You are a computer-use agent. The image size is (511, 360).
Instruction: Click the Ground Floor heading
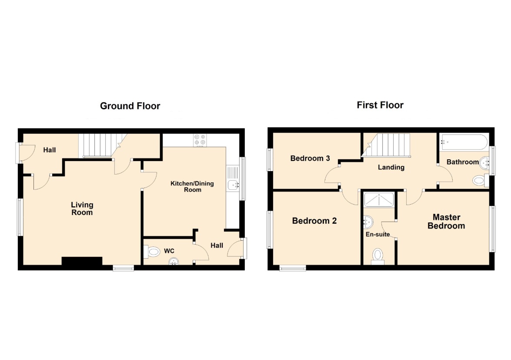(x=130, y=106)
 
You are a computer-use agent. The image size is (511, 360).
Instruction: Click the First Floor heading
(x=380, y=105)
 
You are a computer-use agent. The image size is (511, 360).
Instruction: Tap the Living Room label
(x=82, y=209)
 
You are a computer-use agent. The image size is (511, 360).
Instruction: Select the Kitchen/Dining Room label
(x=192, y=186)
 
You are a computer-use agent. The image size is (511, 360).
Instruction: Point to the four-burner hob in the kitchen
(x=200, y=140)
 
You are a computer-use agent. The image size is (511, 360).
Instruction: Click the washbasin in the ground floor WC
(x=174, y=261)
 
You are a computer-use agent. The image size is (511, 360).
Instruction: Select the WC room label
(x=169, y=251)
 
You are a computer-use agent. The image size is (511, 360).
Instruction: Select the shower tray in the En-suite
(x=379, y=199)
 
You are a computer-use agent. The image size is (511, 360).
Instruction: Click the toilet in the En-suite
(x=378, y=256)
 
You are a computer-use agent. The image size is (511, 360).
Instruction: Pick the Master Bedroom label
(x=446, y=222)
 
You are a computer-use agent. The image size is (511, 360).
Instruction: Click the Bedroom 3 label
(x=310, y=158)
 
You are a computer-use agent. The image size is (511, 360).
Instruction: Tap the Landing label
(x=391, y=167)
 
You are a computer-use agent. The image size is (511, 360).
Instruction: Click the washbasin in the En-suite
(x=368, y=222)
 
